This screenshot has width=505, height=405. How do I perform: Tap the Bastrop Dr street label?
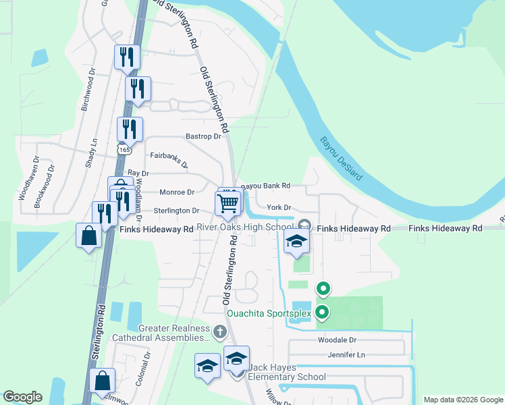coord(203,136)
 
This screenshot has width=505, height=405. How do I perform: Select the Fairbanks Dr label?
coord(169,159)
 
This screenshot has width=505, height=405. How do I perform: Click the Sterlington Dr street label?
coord(176,211)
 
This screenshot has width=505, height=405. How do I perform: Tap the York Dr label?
coord(278,207)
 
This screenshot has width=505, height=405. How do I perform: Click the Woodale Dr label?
coord(337,340)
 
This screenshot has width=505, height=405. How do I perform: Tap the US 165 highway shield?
coord(124,147)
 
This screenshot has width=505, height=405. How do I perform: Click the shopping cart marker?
coord(228,202)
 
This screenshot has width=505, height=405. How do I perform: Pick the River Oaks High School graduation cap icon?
coord(296,243)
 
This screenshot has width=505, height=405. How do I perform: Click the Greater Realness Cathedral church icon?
coord(219,331)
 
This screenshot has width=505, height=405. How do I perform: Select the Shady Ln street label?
coord(94,153)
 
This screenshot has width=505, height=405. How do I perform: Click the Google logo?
coord(23,398)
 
